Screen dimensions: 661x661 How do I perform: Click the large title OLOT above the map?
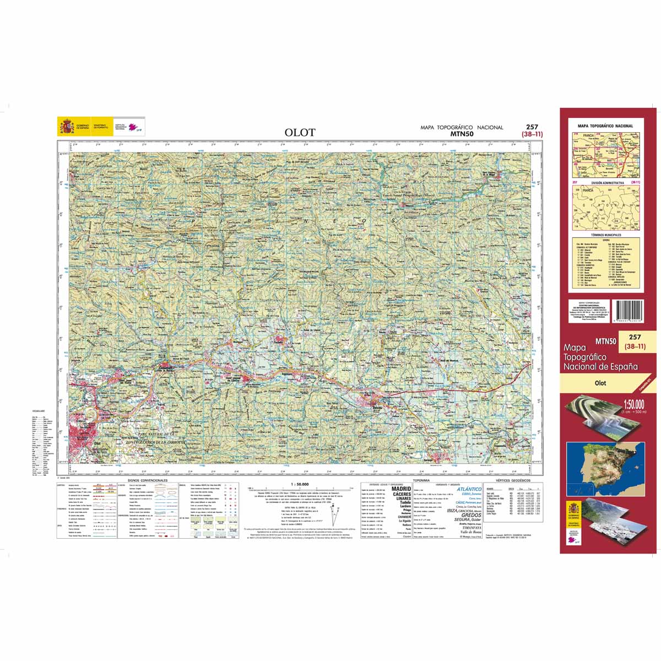[300, 132]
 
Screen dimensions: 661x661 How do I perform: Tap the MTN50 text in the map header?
[462, 133]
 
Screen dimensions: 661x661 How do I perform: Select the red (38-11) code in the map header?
[532, 134]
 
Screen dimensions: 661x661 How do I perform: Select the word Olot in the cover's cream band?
[600, 383]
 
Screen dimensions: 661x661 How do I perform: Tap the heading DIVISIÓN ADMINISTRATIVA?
[608, 182]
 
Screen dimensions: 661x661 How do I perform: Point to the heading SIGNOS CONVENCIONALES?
[147, 480]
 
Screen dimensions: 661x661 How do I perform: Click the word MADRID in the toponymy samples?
[401, 489]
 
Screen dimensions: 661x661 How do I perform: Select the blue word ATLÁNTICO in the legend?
[469, 489]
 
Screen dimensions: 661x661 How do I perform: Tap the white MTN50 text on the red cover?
[605, 340]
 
